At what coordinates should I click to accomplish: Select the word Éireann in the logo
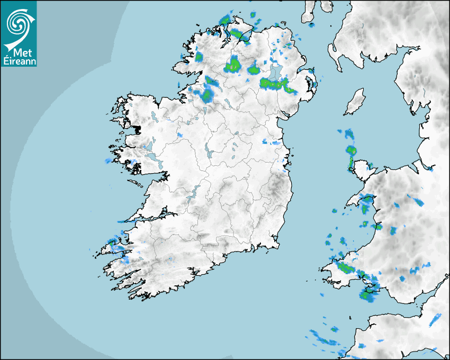pos(19,61)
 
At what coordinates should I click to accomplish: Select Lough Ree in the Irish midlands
pos(209,151)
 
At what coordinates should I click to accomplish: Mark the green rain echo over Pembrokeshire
pos(344,268)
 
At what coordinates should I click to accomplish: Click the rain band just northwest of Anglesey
pos(349,151)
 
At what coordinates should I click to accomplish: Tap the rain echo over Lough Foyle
pos(241,35)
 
